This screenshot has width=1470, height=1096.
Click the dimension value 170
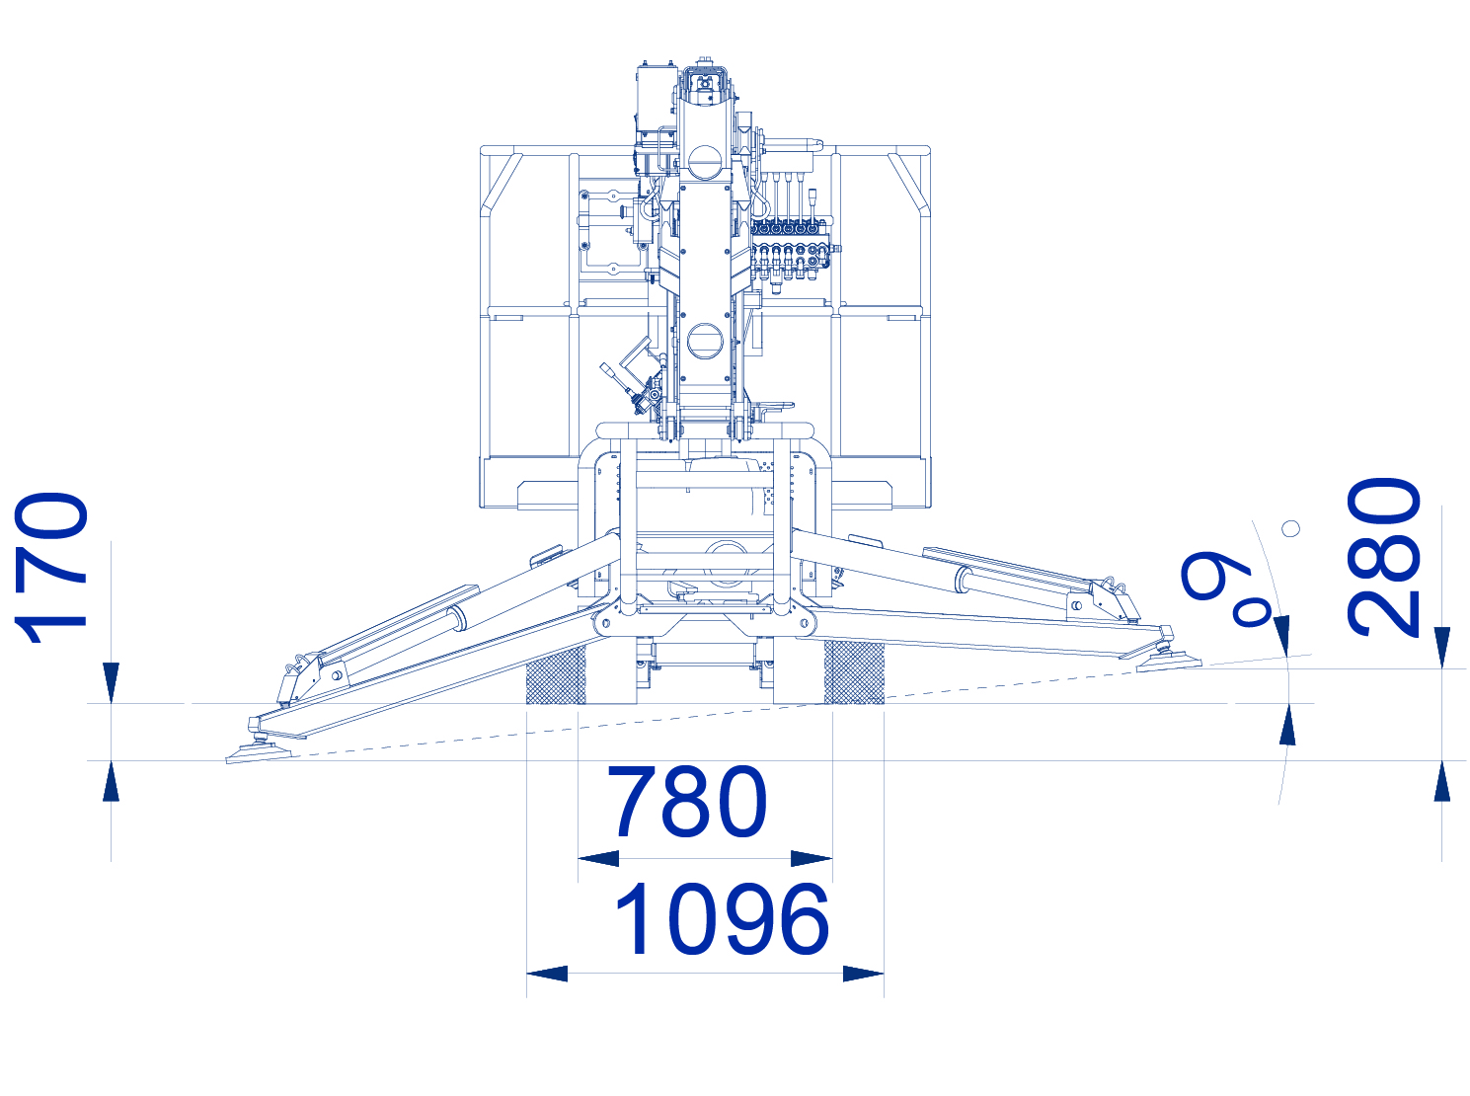pyautogui.click(x=51, y=568)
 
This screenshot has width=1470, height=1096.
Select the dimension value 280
pyautogui.click(x=1383, y=557)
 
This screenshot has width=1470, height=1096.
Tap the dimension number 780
pyautogui.click(x=686, y=801)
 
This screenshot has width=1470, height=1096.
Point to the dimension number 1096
pyautogui.click(x=722, y=918)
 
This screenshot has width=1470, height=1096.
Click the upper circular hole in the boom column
pyautogui.click(x=704, y=162)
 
